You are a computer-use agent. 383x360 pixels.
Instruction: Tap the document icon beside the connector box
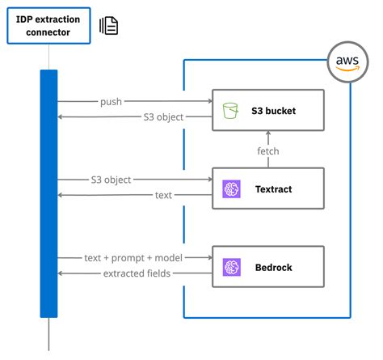click(109, 25)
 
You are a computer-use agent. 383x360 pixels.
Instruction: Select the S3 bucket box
click(267, 109)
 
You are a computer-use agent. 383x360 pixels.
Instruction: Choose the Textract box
click(267, 188)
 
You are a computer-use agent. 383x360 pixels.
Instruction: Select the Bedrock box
click(267, 266)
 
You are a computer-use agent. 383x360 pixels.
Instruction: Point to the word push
click(112, 102)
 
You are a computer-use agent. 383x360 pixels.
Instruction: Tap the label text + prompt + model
click(133, 258)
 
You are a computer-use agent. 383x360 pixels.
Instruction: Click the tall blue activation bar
click(48, 194)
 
